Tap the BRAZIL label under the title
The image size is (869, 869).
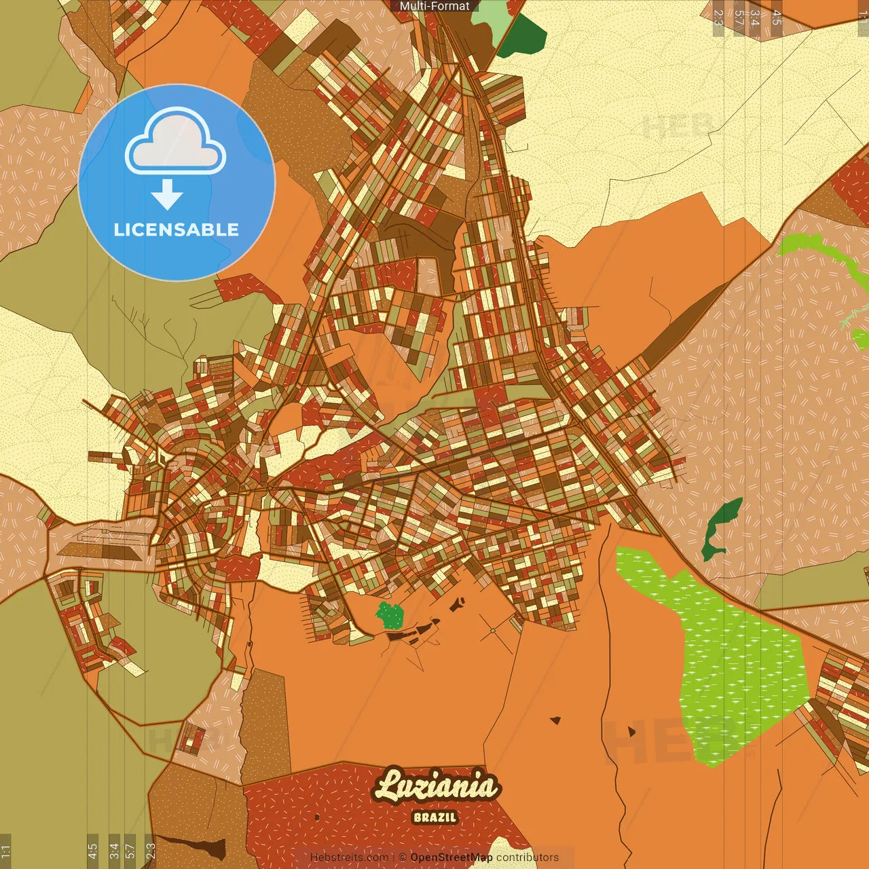(x=434, y=817)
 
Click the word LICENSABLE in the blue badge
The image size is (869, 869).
(x=177, y=229)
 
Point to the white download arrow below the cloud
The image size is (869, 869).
(x=167, y=195)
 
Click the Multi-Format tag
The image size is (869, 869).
(x=434, y=6)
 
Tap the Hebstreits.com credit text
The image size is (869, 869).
(x=349, y=857)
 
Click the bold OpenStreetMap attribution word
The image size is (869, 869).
(x=451, y=857)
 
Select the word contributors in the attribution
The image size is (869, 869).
(x=528, y=857)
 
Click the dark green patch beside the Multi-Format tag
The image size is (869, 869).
(x=523, y=37)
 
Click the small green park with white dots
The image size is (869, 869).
(x=390, y=615)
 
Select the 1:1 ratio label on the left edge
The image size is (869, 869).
(x=5, y=851)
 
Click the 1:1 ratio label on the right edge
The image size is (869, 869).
(x=863, y=17)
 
